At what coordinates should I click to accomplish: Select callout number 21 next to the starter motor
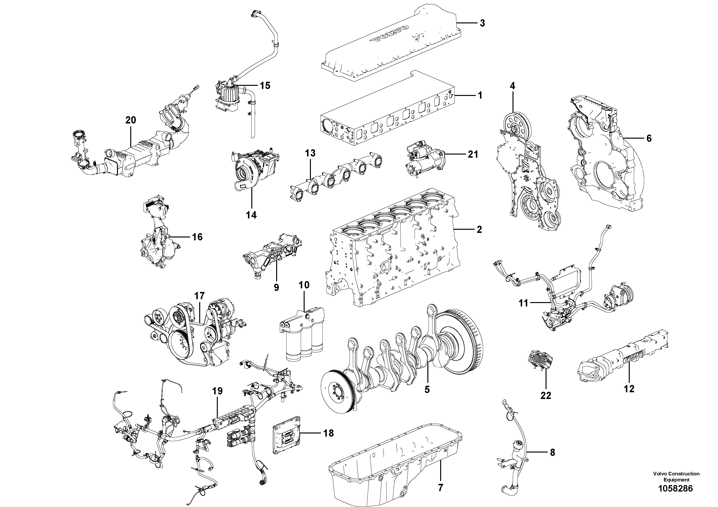click(472, 154)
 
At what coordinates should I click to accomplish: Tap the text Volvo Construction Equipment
click(676, 477)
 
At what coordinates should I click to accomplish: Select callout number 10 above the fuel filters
click(304, 285)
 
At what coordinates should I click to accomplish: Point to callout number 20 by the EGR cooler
click(131, 120)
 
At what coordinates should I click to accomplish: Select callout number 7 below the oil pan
click(440, 488)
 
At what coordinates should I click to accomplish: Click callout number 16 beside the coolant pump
click(197, 237)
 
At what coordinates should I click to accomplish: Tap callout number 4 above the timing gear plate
click(512, 86)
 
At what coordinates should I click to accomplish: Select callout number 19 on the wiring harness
click(217, 391)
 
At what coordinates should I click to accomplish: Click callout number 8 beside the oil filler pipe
click(552, 452)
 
